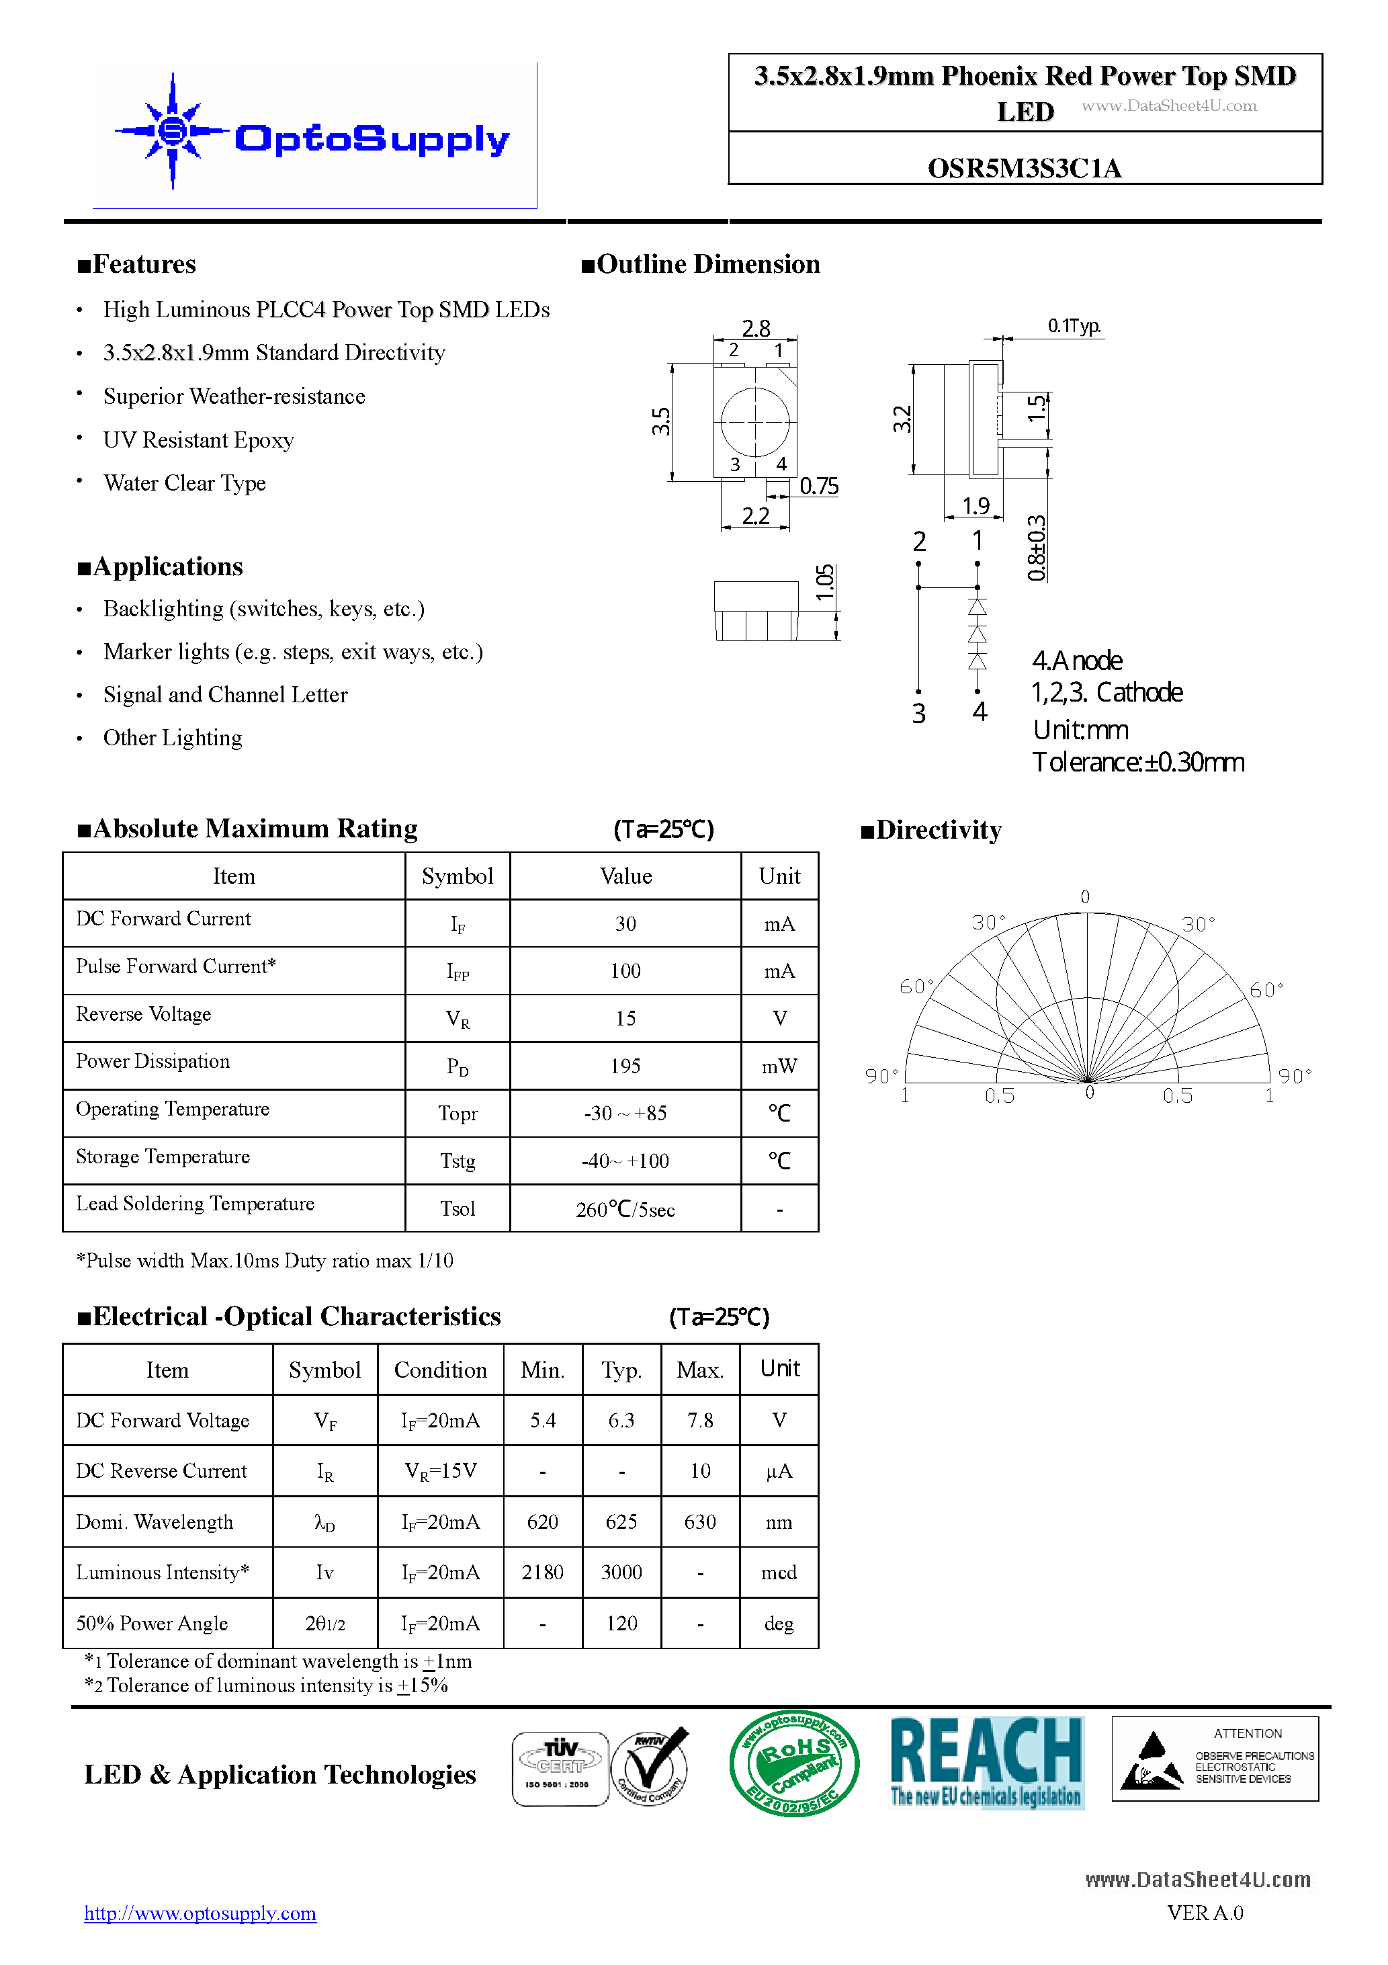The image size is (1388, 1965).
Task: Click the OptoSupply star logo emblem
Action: coord(173,131)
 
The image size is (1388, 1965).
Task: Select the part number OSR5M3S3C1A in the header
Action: coord(1025,168)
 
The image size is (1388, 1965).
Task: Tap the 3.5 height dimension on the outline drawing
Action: coord(660,421)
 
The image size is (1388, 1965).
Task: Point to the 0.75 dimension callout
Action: coord(819,486)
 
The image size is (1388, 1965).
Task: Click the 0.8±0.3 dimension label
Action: coord(1036,548)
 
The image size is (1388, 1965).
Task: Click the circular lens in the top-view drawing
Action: coord(754,421)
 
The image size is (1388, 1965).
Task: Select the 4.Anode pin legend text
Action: coord(1076,661)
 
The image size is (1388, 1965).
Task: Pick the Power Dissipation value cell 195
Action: coord(625,1066)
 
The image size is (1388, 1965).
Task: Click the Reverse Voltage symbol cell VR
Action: coord(457,1018)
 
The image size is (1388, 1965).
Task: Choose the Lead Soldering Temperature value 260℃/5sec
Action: coord(625,1209)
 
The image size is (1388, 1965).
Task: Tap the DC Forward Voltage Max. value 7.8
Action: coord(700,1421)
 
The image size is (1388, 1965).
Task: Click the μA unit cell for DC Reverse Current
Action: coord(779,1471)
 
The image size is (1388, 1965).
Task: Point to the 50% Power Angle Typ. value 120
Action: coord(621,1624)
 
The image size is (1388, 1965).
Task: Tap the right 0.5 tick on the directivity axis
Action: coord(1178,1095)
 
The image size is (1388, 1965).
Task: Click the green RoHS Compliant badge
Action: coord(794,1763)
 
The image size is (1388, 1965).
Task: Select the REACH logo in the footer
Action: coord(987,1763)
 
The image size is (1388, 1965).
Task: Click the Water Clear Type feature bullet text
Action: coord(184,484)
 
